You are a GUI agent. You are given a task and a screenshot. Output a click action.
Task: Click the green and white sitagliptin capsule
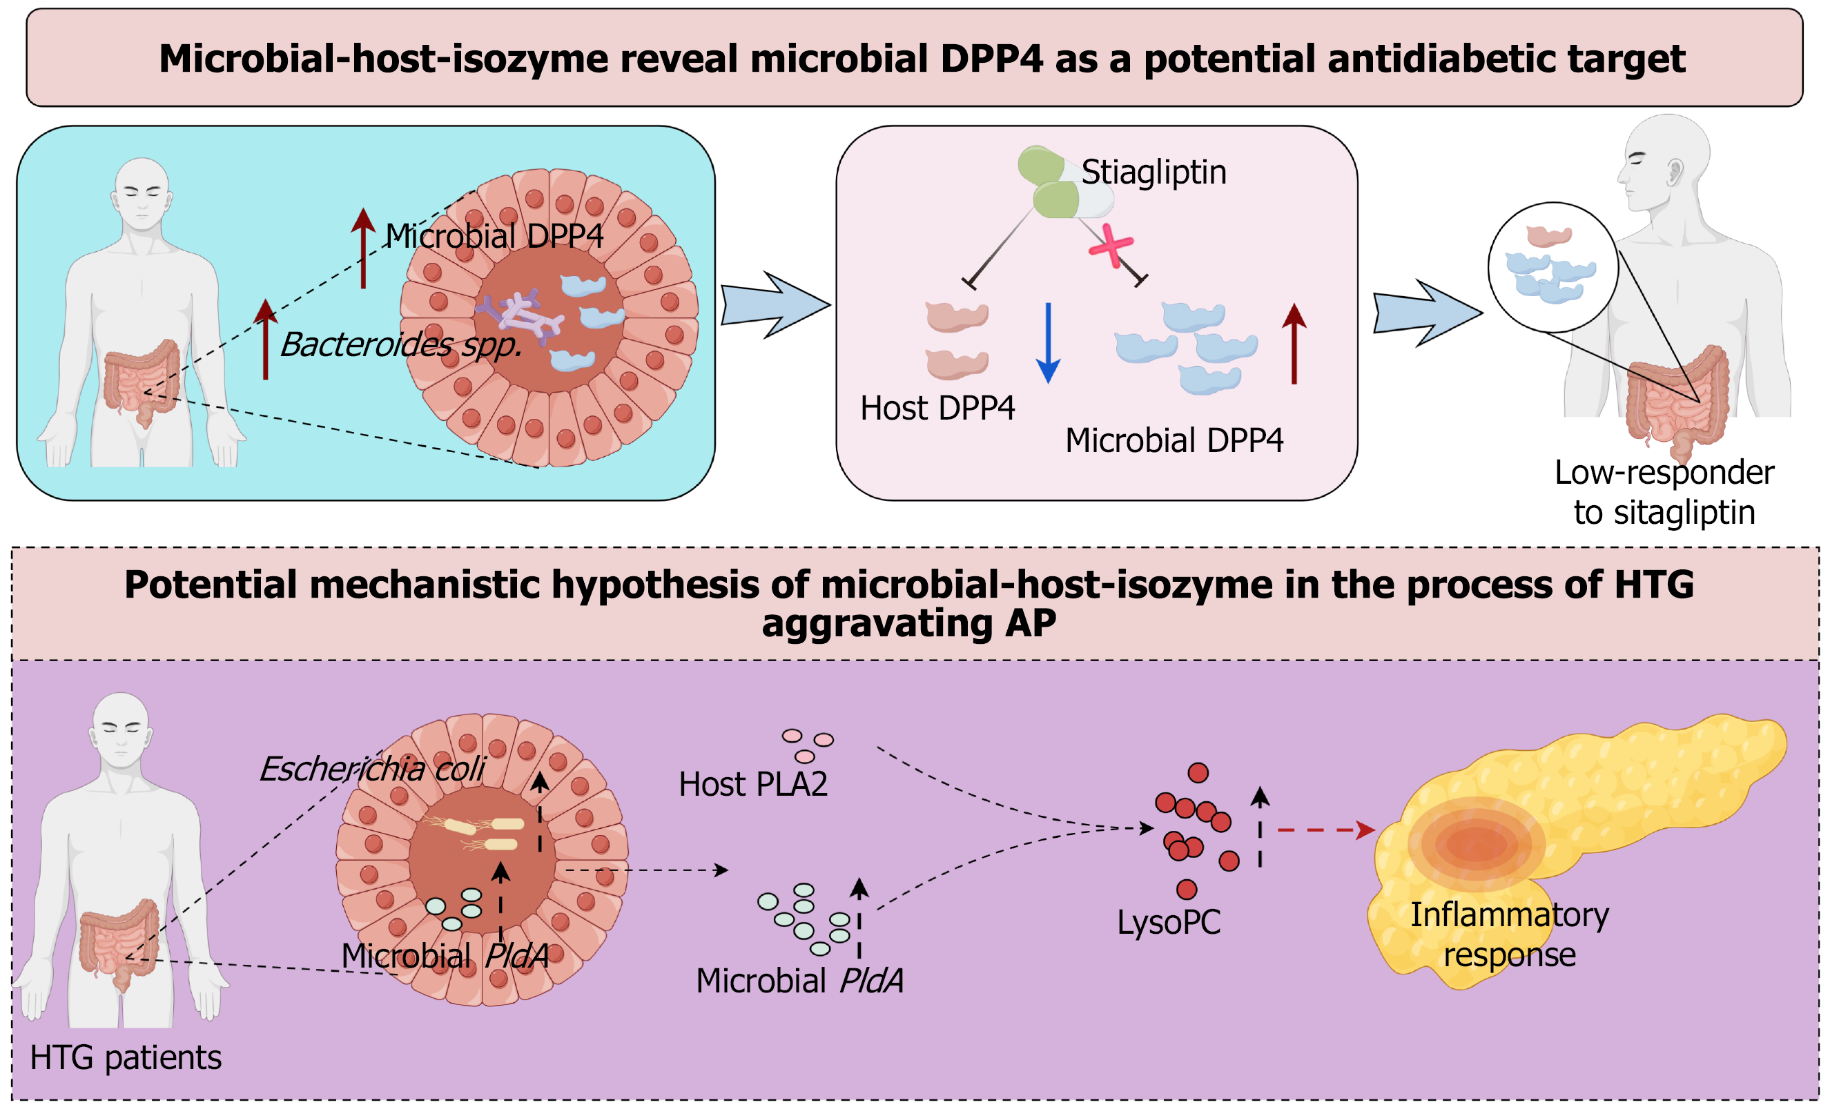(1064, 184)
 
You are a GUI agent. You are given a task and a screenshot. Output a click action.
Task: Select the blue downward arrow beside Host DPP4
(1048, 342)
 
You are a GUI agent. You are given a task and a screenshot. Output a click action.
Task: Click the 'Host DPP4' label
(937, 409)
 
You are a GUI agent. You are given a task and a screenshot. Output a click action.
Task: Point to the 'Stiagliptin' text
(1154, 173)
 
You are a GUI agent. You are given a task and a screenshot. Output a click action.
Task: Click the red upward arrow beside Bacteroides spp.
(265, 340)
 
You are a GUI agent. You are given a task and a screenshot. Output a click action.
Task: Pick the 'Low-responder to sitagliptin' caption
(1664, 492)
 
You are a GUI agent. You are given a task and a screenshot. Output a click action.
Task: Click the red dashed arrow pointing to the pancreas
(1325, 830)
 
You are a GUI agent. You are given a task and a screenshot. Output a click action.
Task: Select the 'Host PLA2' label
(753, 784)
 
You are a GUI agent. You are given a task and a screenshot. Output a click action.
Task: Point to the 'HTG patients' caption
(126, 1057)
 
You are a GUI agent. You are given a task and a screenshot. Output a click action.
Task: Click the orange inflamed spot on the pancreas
(1476, 843)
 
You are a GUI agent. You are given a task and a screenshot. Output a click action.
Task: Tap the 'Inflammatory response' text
(1509, 934)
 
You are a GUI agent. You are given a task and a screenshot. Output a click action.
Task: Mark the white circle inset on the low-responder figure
(1553, 267)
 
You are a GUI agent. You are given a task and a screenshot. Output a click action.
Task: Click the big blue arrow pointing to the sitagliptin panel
(775, 305)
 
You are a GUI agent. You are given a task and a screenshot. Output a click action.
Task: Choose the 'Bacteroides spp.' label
(401, 344)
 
